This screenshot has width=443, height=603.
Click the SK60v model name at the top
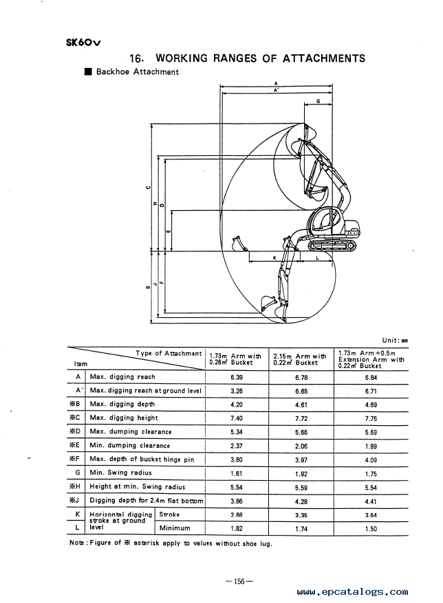[x=84, y=43]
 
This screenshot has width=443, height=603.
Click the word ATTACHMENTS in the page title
[x=324, y=58]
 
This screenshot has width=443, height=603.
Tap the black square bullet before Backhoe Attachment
[x=88, y=72]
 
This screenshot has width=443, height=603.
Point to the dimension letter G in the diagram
[x=318, y=101]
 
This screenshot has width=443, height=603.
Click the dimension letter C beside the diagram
[x=147, y=187]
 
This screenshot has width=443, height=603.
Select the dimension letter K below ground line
[x=274, y=258]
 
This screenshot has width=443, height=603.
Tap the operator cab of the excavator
[x=325, y=220]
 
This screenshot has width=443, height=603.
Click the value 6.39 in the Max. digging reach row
[x=237, y=377]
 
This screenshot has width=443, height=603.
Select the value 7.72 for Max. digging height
[x=301, y=418]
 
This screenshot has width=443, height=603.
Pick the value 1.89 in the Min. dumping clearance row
[x=371, y=446]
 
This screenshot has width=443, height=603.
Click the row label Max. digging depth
[x=122, y=405]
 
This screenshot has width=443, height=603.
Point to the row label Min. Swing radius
[x=120, y=473]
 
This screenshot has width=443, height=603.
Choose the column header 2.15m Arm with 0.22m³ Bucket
[x=300, y=359]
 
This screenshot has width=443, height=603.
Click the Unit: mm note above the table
[x=395, y=341]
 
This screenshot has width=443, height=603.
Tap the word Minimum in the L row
[x=175, y=528]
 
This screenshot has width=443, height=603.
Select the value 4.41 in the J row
[x=371, y=501]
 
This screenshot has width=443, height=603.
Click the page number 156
[x=239, y=581]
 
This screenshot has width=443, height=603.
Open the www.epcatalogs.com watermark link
[x=352, y=591]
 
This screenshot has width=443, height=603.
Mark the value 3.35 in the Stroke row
[x=301, y=515]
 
